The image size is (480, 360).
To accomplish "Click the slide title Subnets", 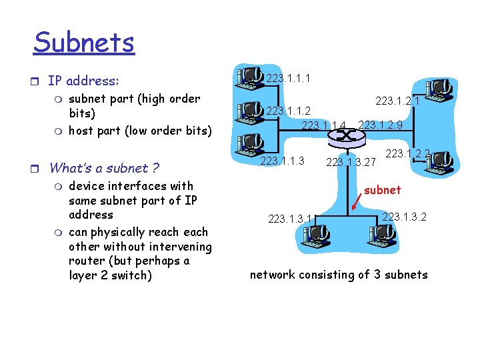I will (x=84, y=43).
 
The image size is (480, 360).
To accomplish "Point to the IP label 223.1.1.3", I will (x=282, y=161).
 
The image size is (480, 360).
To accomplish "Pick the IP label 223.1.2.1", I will (x=397, y=101).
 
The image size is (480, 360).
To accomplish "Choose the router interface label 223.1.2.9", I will (x=380, y=125).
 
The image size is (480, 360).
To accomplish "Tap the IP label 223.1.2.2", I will (x=407, y=153).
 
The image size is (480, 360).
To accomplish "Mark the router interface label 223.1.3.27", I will (x=351, y=161).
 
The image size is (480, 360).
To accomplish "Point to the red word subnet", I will (x=383, y=190).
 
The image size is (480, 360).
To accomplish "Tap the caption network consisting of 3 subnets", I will (x=339, y=274).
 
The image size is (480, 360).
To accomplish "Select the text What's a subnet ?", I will (x=104, y=168).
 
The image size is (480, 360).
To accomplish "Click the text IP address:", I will (x=83, y=81).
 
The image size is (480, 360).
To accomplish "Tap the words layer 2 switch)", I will (x=111, y=275).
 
